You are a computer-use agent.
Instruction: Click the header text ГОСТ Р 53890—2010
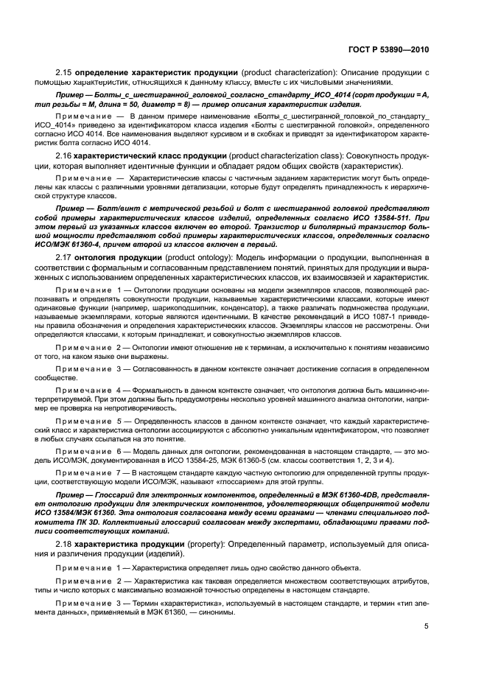[393, 49]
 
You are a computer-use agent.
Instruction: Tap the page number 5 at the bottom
[427, 626]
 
